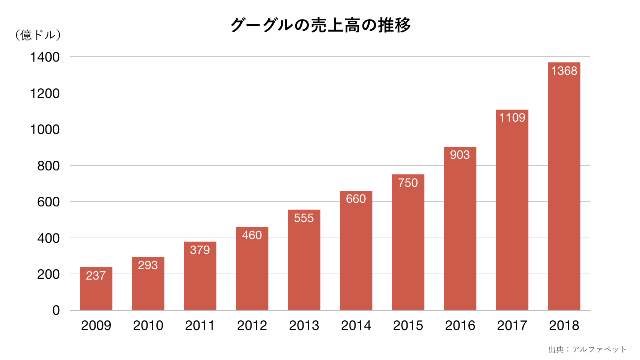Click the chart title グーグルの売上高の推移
320,25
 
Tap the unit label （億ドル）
38,35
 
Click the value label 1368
564,71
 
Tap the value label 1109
512,118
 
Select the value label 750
408,183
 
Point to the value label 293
148,265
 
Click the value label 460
252,235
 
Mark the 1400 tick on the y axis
45,57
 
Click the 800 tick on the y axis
48,166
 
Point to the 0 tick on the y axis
56,310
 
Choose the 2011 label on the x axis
200,326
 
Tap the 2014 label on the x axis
356,326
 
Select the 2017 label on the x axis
512,326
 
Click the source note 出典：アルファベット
587,350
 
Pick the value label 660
356,199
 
